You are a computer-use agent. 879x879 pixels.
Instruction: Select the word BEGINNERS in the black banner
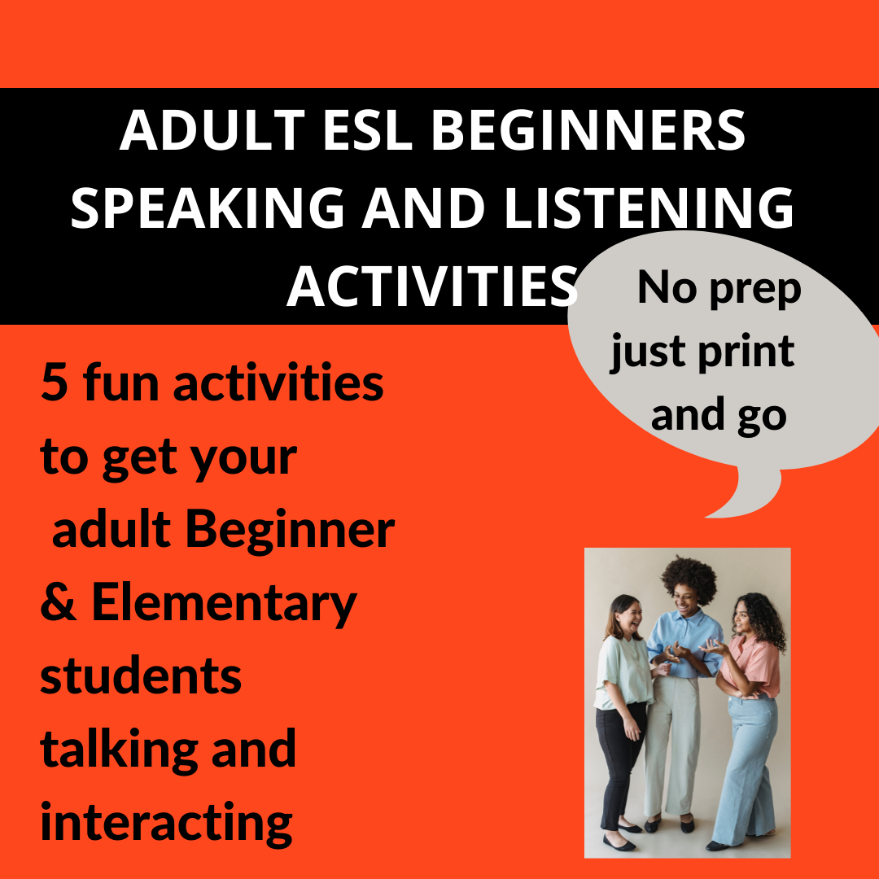coord(588,130)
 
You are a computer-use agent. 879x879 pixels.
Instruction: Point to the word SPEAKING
coord(208,208)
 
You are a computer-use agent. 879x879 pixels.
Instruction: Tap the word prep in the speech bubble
coord(753,288)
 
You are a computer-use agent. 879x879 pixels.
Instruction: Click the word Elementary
coord(224,604)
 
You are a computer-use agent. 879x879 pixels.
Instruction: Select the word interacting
coord(166,822)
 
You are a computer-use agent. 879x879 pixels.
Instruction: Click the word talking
coord(114,749)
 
